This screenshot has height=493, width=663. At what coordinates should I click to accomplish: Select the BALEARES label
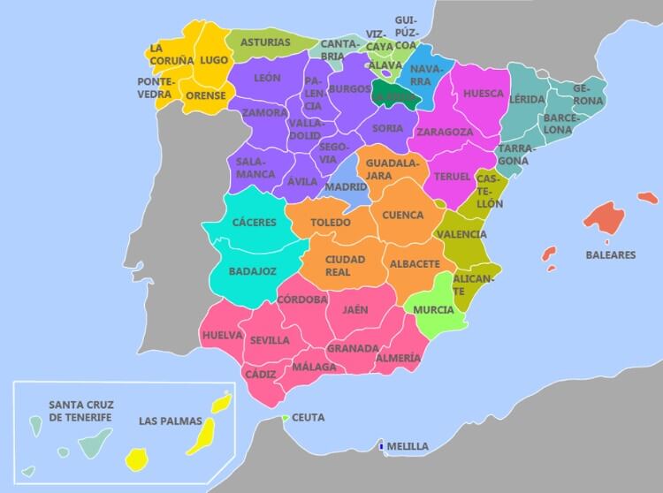610,255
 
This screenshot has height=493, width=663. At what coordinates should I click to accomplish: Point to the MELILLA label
408,447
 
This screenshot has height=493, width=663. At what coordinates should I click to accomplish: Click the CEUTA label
308,418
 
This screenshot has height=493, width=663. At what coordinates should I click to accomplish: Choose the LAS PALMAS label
171,421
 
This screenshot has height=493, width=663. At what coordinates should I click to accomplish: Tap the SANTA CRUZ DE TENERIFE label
80,410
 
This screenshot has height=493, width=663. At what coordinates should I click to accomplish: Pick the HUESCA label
483,93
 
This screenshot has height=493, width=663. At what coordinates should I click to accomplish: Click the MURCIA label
433,310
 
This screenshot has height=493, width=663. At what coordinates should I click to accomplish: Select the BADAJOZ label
253,271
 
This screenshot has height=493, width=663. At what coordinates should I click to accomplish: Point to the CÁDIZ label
261,374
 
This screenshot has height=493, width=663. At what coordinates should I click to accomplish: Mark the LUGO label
214,60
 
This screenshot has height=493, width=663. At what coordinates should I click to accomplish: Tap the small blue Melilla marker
381,446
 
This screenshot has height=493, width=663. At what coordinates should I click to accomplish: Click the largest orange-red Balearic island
603,216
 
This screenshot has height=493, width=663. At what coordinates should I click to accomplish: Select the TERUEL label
452,177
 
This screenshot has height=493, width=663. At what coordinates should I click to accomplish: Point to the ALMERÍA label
398,358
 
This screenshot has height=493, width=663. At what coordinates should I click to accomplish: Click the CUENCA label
403,215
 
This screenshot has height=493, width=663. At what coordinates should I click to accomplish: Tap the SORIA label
388,128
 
